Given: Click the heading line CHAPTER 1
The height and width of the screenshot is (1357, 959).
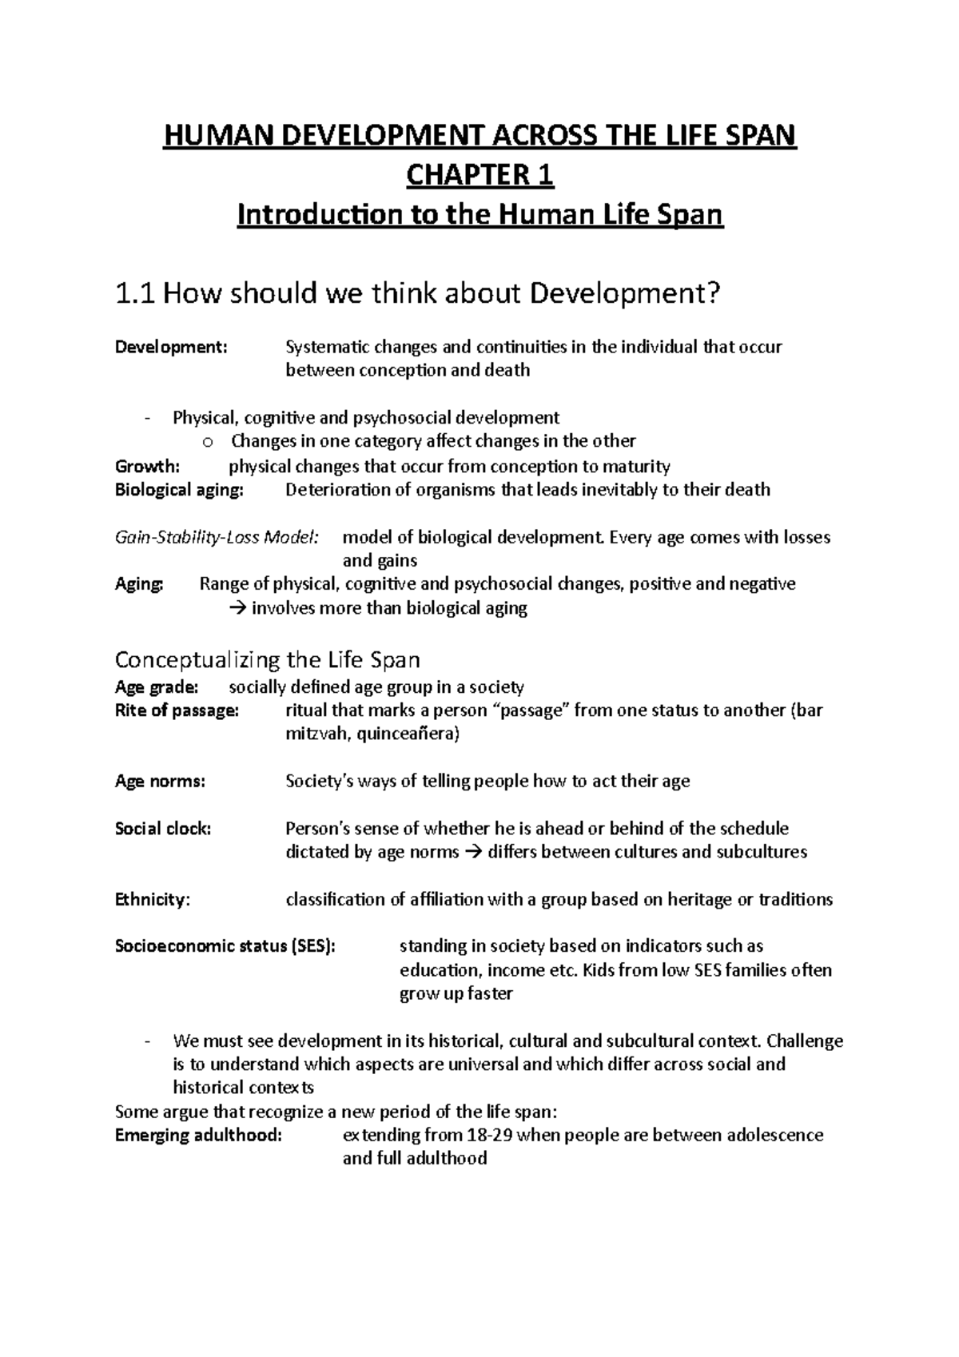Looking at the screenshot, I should (x=479, y=176).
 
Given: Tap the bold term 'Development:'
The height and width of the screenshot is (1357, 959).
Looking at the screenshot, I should (x=171, y=347).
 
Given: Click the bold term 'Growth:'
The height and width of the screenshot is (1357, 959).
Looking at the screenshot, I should (x=147, y=466).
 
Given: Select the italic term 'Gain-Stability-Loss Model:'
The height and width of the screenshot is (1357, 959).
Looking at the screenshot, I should (x=217, y=537).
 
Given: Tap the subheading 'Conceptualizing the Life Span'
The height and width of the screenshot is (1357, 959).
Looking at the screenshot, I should (x=268, y=660).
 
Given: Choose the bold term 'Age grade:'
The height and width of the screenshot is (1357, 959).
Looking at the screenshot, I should (x=159, y=686).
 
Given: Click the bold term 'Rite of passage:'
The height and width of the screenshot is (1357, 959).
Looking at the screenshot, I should (x=177, y=710).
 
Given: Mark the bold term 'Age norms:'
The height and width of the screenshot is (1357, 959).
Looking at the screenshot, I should (x=160, y=781).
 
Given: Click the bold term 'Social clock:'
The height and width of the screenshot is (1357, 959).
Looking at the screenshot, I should (x=163, y=829).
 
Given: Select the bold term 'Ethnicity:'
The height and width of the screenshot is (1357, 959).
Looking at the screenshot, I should (x=153, y=900).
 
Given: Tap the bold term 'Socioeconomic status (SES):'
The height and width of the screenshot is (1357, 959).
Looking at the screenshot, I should (x=225, y=946).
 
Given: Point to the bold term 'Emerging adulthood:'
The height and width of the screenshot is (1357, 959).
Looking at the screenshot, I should (x=198, y=1136).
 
